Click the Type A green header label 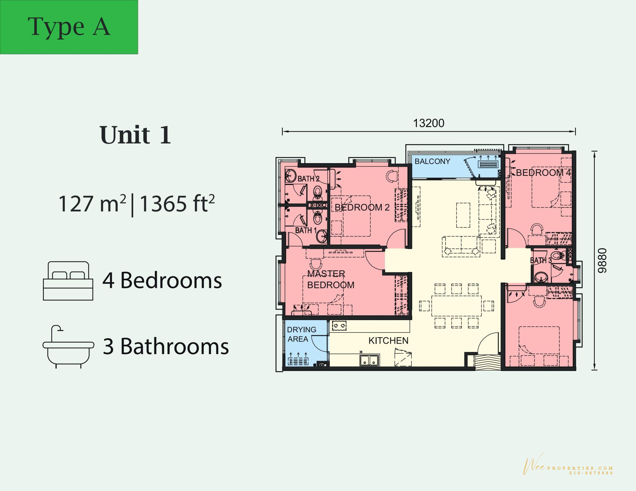coord(69,27)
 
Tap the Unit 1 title coord(135,135)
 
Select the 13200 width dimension coord(429,123)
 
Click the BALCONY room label coord(433,161)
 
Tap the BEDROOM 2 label coord(362,208)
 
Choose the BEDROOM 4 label coord(543,173)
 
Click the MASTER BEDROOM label coord(331,280)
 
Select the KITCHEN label coord(389,341)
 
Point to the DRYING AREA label coord(301,334)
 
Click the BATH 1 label coord(306,231)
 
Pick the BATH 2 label coord(308,179)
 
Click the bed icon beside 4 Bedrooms coord(68,281)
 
